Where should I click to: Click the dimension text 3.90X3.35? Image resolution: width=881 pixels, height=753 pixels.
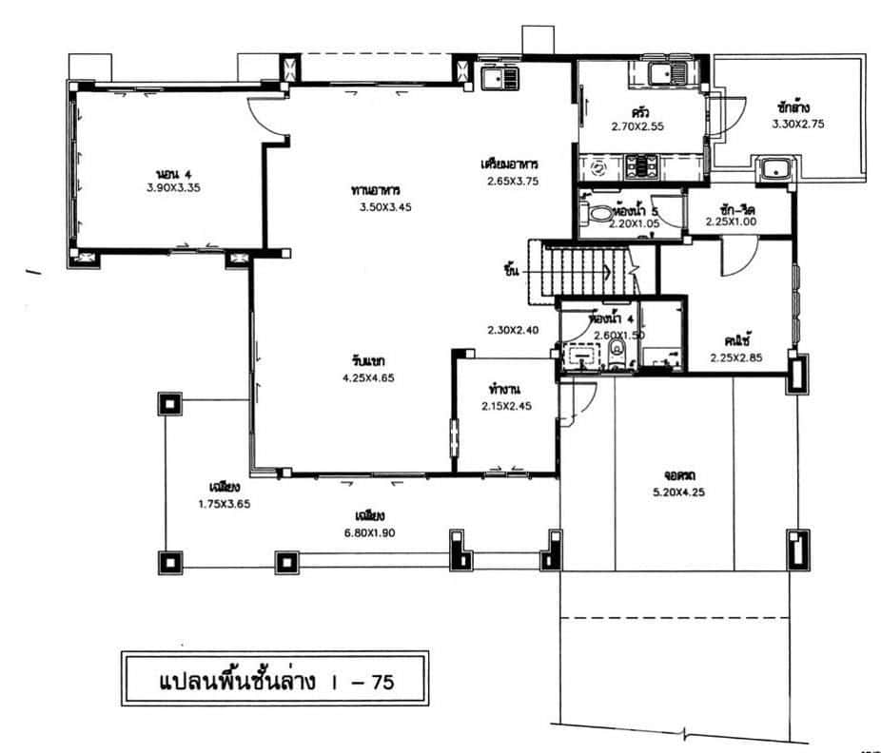click(167, 188)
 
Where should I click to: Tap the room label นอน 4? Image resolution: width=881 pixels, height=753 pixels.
click(167, 174)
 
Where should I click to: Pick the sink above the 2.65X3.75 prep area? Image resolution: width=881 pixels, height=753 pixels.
click(496, 75)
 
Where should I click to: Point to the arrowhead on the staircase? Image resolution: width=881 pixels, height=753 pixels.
click(605, 272)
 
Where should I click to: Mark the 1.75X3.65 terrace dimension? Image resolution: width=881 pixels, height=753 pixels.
click(218, 504)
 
